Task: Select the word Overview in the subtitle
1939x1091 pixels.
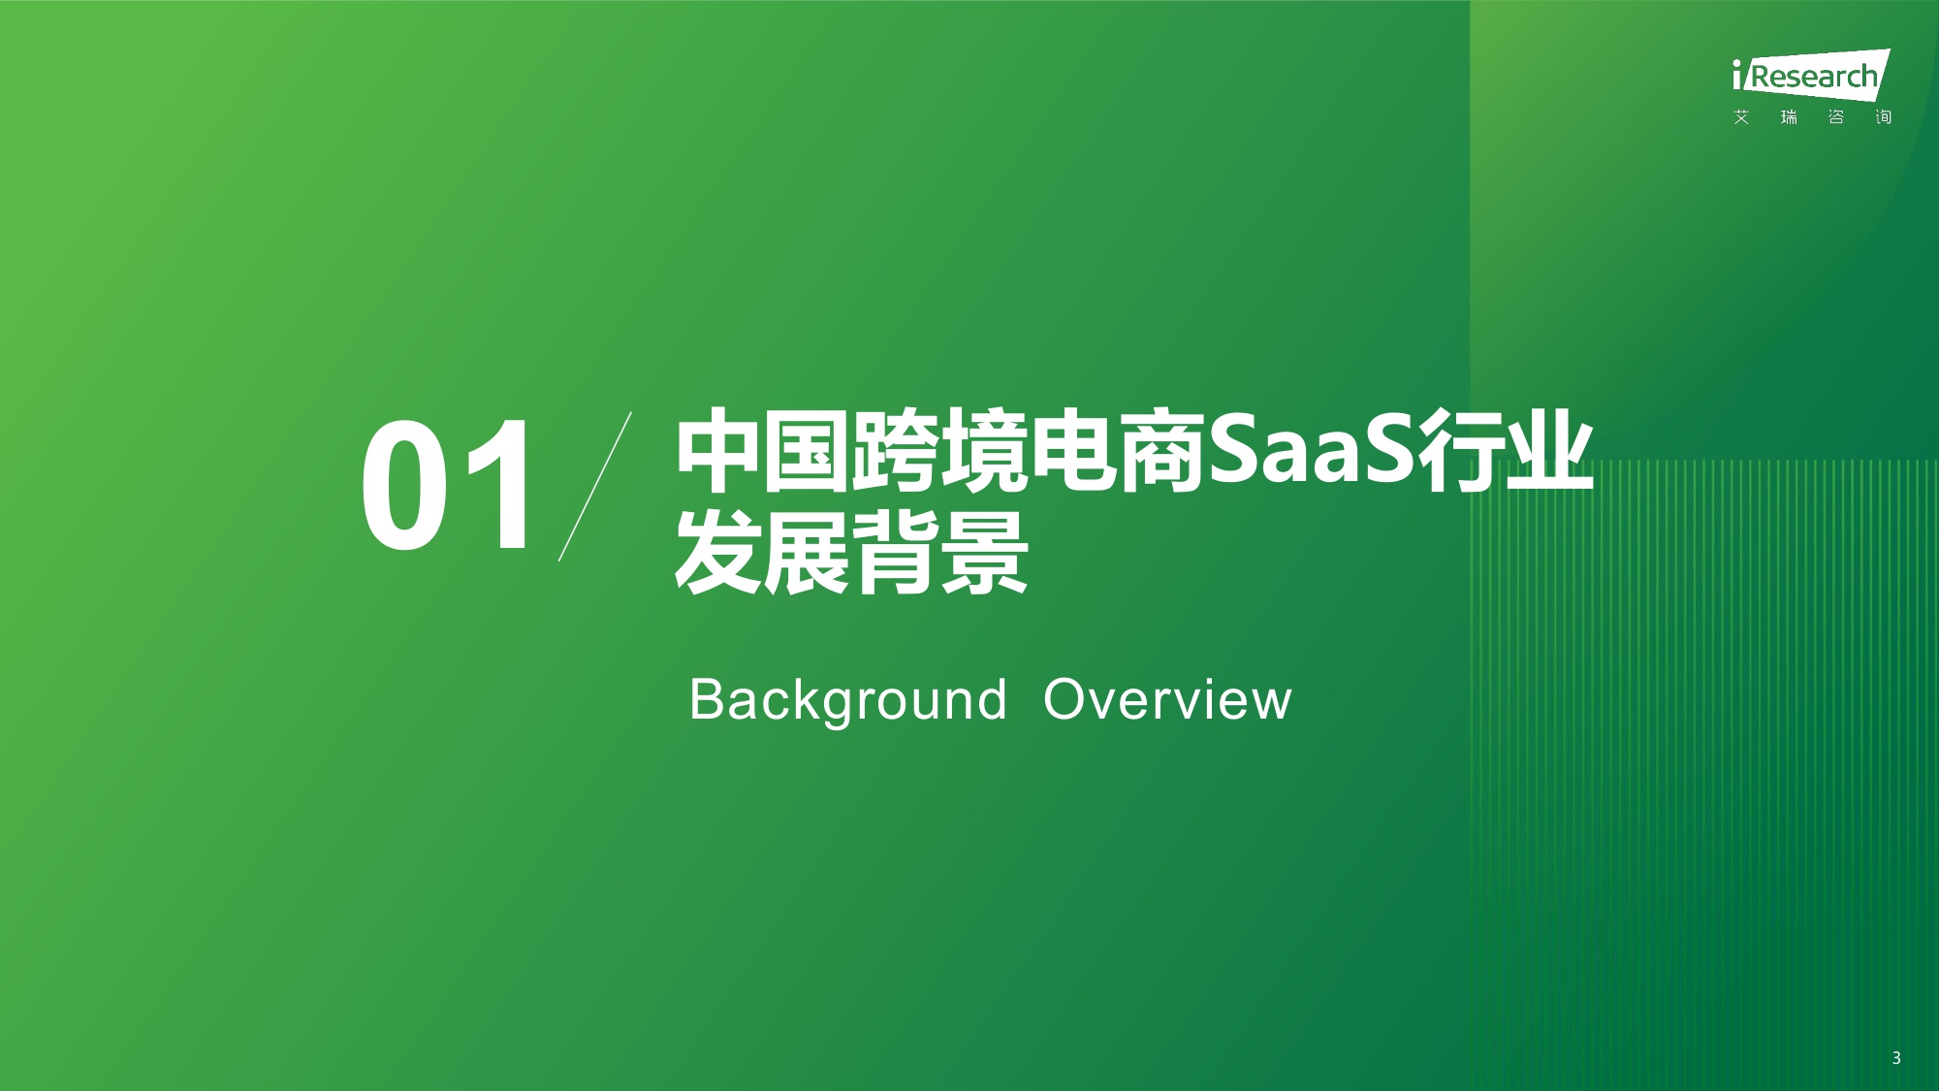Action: tap(1167, 700)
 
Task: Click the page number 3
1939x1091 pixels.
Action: tap(1896, 1058)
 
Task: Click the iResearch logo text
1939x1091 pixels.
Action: tap(1809, 76)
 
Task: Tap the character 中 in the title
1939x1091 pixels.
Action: tap(718, 451)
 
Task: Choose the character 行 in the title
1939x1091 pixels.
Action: tap(1462, 451)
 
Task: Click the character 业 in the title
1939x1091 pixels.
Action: tap(1550, 451)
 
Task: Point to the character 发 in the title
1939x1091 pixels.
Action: tap(718, 553)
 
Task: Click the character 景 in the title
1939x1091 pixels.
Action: tap(983, 553)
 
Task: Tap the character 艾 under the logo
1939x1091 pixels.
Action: tap(1742, 117)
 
